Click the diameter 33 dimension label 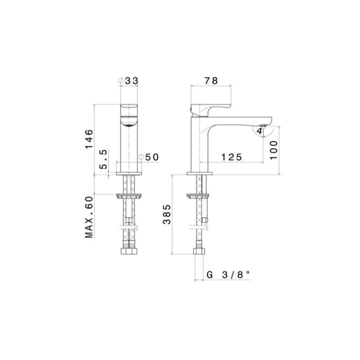pos(128,81)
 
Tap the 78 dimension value pos(211,81)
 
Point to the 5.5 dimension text pos(103,159)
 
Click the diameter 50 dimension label pos(149,157)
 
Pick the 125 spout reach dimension pos(232,157)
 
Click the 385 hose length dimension pos(166,216)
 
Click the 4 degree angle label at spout pos(260,131)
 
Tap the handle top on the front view pos(130,108)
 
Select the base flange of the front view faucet pos(130,173)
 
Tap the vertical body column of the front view pos(130,148)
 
